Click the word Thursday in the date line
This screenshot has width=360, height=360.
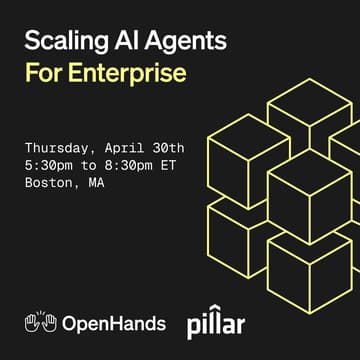tap(58, 147)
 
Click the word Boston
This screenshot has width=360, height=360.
tap(50, 183)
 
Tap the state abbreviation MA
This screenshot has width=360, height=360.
tap(98, 183)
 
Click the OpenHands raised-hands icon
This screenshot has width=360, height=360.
tap(40, 322)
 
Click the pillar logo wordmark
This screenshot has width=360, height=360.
tap(216, 324)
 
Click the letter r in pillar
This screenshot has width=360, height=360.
tap(240, 325)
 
